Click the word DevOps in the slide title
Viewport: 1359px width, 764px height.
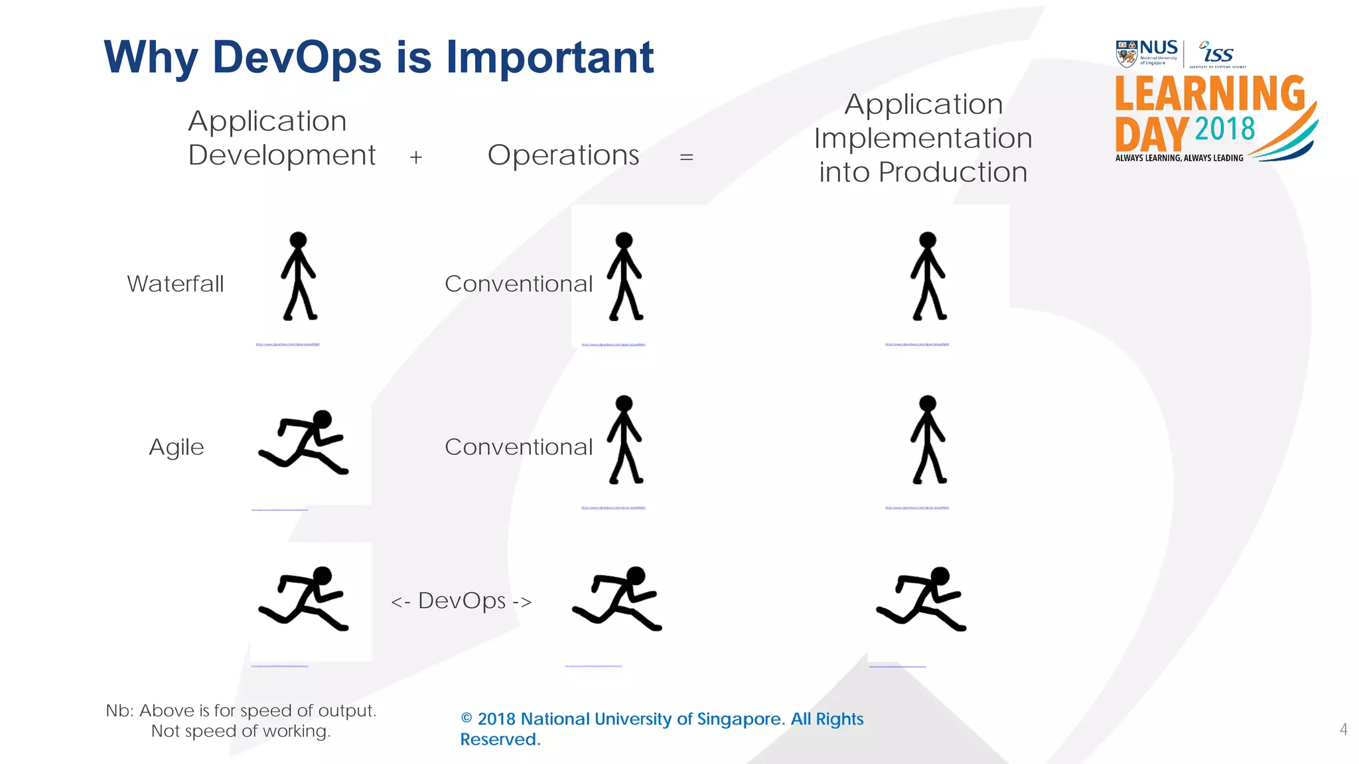tap(297, 58)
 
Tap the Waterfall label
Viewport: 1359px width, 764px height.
tap(175, 284)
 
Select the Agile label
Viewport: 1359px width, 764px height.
tap(176, 447)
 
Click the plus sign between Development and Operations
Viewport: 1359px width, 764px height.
tap(416, 157)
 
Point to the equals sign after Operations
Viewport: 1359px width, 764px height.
tap(686, 157)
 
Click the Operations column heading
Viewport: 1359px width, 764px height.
tap(563, 155)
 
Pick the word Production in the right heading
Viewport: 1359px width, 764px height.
tap(953, 172)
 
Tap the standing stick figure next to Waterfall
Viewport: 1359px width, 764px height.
tap(298, 276)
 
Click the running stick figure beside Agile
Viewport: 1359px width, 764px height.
tap(304, 442)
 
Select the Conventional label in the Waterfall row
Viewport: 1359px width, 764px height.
tap(518, 284)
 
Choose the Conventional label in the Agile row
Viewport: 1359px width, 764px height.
tap(518, 447)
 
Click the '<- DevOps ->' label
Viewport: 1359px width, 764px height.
tap(461, 601)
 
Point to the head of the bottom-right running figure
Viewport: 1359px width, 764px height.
tap(940, 576)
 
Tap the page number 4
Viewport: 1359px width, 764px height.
tap(1343, 730)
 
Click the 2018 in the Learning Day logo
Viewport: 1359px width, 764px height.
tap(1225, 129)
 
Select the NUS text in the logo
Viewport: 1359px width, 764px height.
tap(1159, 48)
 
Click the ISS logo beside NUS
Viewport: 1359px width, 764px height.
tap(1216, 53)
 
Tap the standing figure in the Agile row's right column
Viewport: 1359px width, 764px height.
tap(928, 440)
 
